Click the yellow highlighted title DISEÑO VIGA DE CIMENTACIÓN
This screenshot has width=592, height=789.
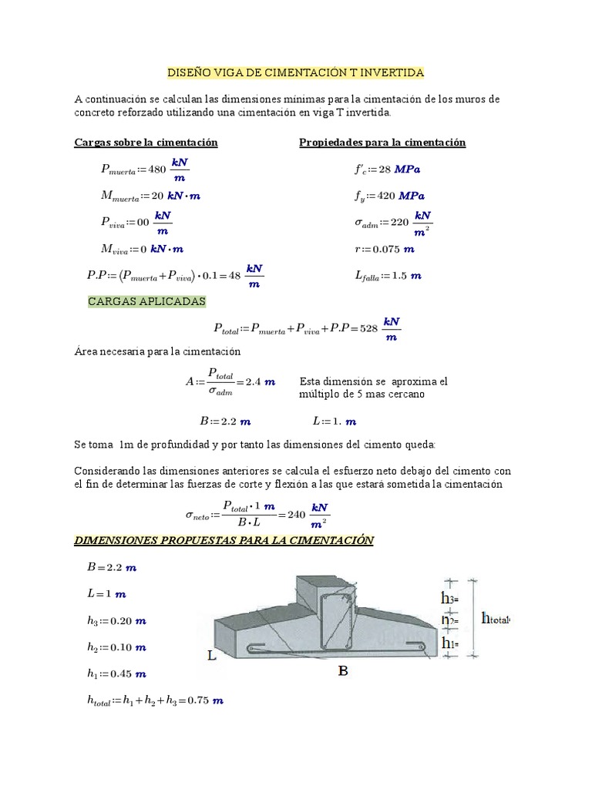point(296,72)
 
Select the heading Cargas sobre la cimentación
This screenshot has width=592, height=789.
point(146,143)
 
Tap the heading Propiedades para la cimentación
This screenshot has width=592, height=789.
point(382,143)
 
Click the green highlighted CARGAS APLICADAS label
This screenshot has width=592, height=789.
point(146,302)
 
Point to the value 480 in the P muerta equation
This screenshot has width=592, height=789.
point(156,170)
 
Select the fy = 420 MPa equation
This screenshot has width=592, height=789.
point(390,196)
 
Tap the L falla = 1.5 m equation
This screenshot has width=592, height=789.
point(388,275)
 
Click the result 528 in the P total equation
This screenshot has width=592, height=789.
point(368,328)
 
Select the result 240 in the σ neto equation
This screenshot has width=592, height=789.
point(296,514)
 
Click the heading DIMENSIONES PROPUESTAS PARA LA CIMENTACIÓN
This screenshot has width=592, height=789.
point(224,541)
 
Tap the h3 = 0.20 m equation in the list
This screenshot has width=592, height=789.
point(116,620)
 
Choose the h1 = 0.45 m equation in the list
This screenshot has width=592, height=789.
point(116,673)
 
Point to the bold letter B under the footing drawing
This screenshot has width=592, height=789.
point(343,671)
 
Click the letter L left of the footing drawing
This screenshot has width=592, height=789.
point(211,656)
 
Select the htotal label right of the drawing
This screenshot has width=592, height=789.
point(496,618)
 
